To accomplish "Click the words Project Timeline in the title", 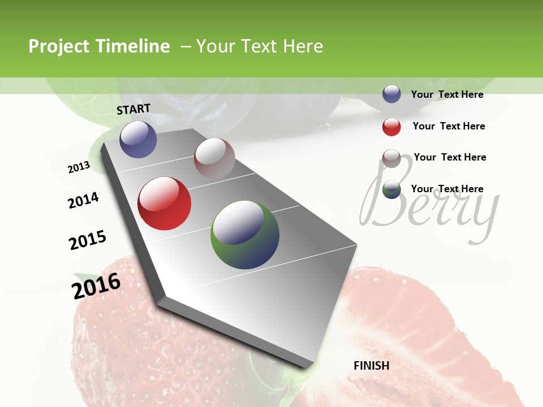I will [x=99, y=46].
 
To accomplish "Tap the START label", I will [x=133, y=109].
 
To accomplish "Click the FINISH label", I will [x=372, y=366].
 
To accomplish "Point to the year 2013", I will [x=79, y=167].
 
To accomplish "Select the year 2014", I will [x=83, y=200].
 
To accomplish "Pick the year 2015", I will [x=88, y=240].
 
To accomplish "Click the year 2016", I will [x=96, y=285].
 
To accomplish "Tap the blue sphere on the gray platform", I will [x=138, y=139].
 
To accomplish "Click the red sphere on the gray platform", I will [x=165, y=203].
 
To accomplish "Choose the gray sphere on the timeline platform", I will [x=214, y=158].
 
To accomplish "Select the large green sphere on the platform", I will [x=245, y=235].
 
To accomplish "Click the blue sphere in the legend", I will [x=391, y=94].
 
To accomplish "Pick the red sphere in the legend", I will [x=391, y=127].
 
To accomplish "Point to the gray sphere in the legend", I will [x=391, y=158].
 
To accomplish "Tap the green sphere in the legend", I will [x=391, y=190].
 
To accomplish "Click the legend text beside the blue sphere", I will [x=447, y=94].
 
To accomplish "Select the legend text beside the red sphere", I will [x=449, y=126].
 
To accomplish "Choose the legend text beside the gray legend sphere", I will [x=450, y=157].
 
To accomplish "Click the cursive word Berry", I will [x=430, y=206].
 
